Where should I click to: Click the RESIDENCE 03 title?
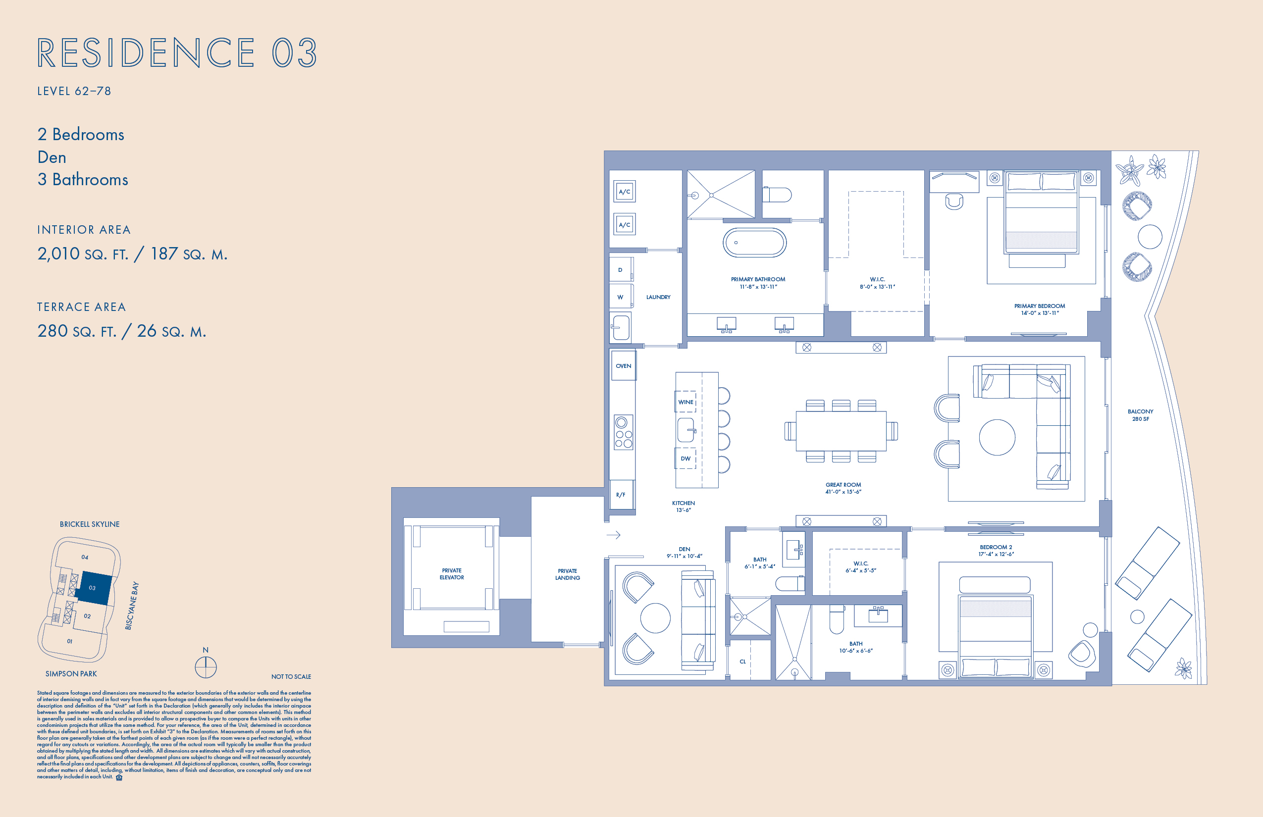[177, 52]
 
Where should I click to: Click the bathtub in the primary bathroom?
[754, 243]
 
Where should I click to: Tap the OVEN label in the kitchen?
[623, 366]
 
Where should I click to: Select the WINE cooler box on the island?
[685, 402]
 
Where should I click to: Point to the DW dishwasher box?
[685, 459]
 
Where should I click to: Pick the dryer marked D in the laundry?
[620, 270]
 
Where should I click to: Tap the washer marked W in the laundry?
[620, 297]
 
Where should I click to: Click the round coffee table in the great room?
[997, 438]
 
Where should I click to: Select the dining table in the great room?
[841, 431]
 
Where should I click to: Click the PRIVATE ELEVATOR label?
[452, 574]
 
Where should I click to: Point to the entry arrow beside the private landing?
[614, 535]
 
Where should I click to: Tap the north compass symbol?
[206, 666]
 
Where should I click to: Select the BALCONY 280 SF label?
[1140, 415]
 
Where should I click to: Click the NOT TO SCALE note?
[291, 676]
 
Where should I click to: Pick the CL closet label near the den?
[742, 662]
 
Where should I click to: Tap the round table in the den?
[655, 618]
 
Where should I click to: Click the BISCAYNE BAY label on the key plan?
[132, 606]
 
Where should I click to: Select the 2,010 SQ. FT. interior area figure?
[83, 254]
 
